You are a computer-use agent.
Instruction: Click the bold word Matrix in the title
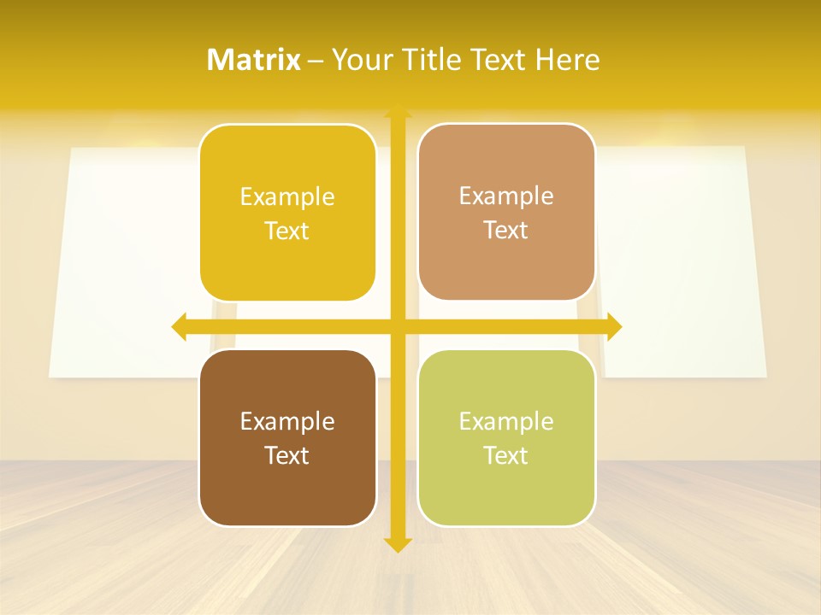tap(254, 60)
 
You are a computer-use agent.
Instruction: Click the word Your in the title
tap(362, 60)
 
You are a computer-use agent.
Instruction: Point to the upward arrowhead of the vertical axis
tap(398, 111)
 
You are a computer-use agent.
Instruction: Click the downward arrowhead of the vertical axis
tap(398, 544)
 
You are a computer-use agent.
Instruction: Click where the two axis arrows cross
tap(398, 326)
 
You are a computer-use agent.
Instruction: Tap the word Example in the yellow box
tap(287, 196)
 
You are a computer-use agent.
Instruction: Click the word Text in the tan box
tap(506, 231)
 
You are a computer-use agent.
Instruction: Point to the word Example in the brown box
tap(287, 421)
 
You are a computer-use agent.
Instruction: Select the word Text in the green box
tap(506, 455)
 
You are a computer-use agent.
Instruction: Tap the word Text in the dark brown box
tap(287, 455)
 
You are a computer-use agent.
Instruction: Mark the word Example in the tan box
tap(506, 196)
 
